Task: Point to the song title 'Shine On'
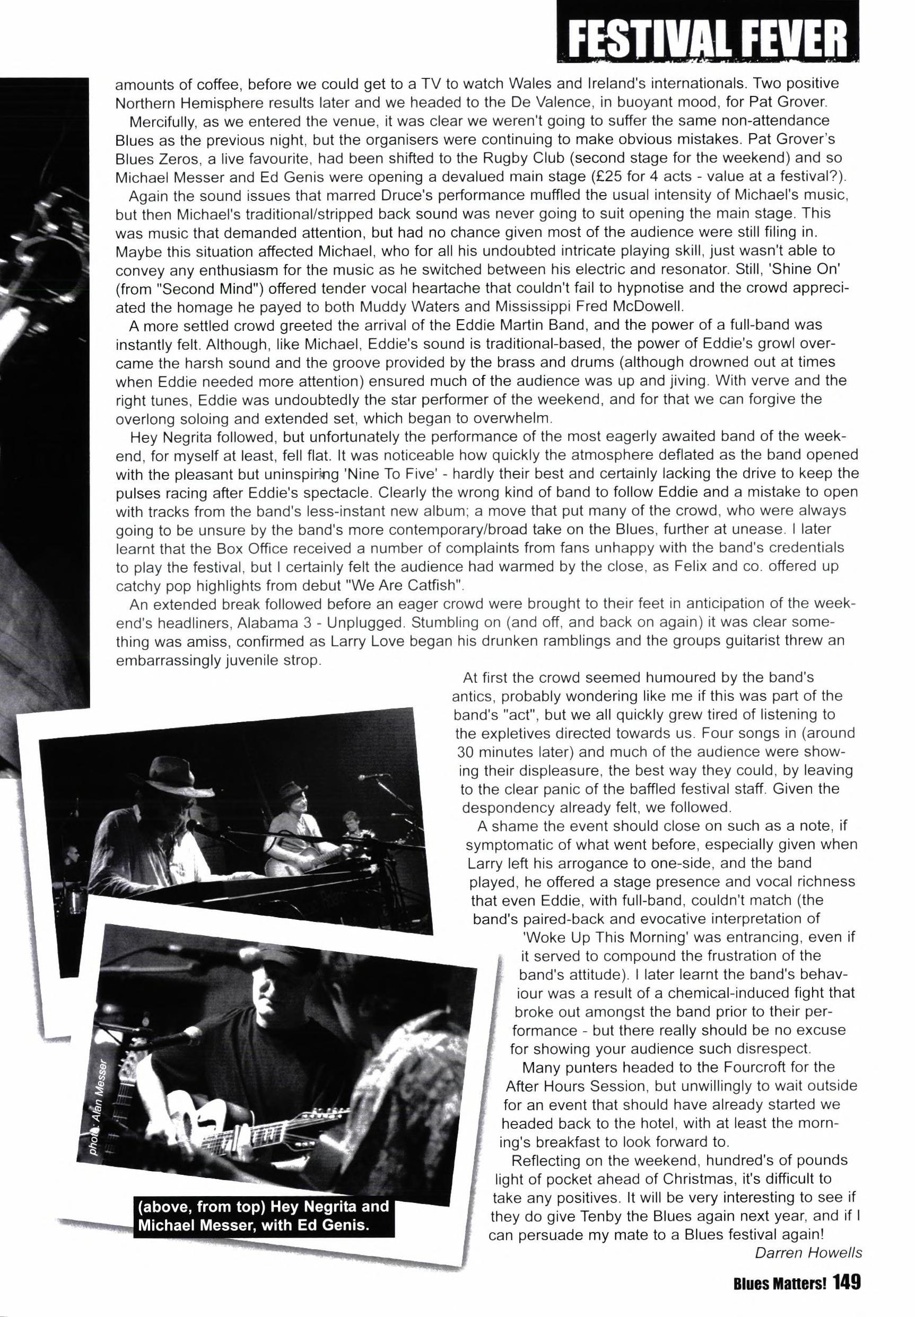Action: point(817,269)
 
